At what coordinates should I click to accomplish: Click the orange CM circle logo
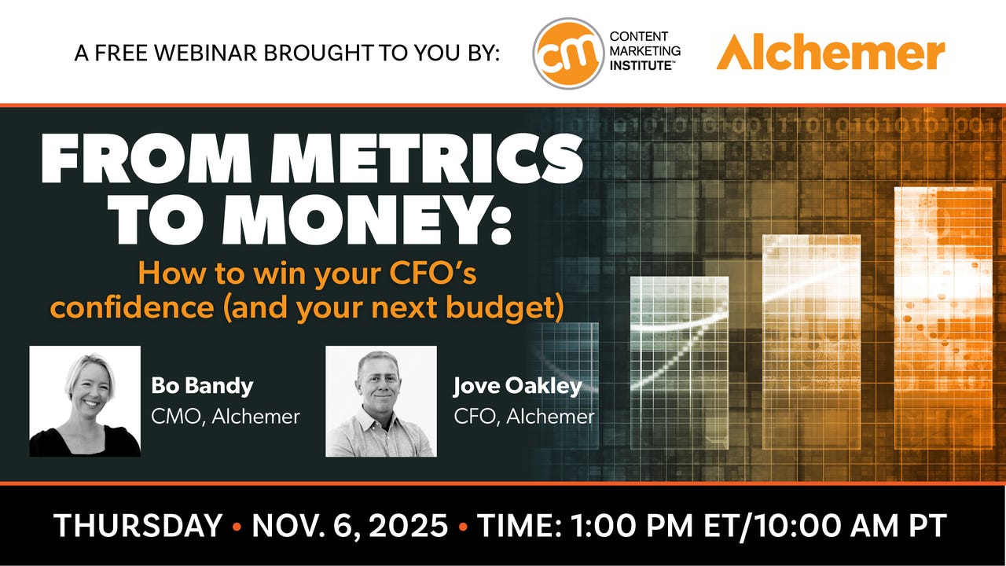(568, 53)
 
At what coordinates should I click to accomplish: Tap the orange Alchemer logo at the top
(831, 52)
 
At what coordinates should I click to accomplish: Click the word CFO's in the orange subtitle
(432, 273)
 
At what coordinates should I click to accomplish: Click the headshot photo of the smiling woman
(85, 401)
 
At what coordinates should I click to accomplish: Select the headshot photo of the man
(381, 401)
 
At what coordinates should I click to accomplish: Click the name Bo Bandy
(203, 386)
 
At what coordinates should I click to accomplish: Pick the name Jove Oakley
(517, 386)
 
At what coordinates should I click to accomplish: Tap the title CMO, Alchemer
(226, 417)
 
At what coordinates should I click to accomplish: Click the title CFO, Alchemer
(524, 417)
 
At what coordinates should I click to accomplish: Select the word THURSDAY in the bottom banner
(138, 525)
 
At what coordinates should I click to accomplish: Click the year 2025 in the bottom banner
(409, 525)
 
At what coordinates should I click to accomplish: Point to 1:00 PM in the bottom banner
(632, 525)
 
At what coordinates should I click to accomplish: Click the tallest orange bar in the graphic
(943, 318)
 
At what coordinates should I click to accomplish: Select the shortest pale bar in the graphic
(680, 363)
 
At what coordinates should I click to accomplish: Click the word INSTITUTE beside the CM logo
(641, 65)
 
